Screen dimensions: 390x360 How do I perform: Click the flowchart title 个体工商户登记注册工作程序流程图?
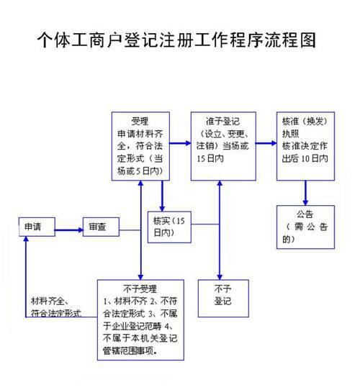click(176, 39)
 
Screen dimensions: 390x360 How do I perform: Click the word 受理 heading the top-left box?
click(140, 120)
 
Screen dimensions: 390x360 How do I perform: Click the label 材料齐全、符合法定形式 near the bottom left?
click(55, 307)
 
